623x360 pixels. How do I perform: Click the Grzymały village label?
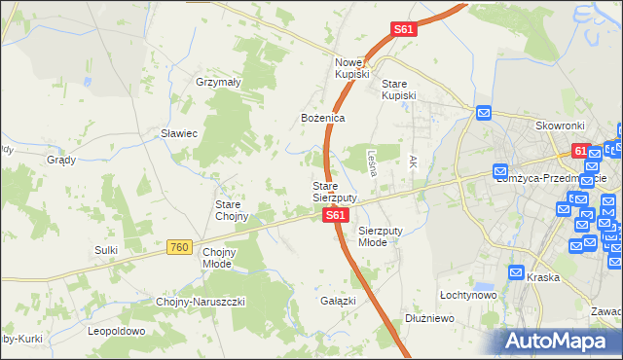click(218, 83)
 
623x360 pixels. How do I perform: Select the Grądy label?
click(61, 160)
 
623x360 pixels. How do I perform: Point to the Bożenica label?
click(322, 118)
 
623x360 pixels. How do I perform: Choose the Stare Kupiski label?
click(398, 90)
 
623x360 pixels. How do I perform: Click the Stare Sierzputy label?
click(333, 192)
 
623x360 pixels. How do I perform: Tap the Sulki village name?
click(106, 250)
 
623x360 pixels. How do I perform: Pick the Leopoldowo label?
click(116, 331)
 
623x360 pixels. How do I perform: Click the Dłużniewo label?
click(431, 317)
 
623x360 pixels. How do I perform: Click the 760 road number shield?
click(177, 248)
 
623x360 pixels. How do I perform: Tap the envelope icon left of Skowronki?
click(484, 115)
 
